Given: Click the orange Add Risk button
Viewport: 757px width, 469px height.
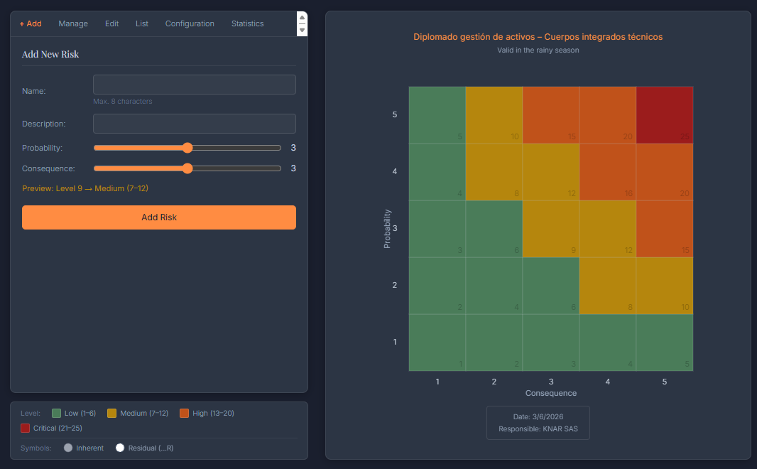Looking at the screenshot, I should click(x=158, y=217).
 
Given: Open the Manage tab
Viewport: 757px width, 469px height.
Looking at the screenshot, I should click(x=73, y=23).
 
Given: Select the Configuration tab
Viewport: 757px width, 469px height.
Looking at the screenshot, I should click(x=190, y=23).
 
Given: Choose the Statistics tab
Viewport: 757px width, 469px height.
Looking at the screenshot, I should click(x=247, y=23).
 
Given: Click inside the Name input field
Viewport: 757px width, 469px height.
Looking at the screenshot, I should click(x=194, y=85).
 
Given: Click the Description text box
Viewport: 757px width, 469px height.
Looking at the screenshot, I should click(x=194, y=124).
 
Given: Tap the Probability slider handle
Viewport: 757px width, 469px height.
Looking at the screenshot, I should click(x=187, y=148).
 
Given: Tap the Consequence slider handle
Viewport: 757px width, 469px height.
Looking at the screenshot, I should click(x=187, y=168).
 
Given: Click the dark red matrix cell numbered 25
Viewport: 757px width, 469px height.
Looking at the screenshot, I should click(x=664, y=115).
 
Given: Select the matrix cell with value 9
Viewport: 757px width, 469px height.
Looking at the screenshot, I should click(x=550, y=229).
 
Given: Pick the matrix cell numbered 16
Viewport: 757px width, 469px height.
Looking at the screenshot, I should click(x=607, y=172).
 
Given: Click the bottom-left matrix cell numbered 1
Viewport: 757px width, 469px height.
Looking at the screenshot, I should click(x=437, y=343).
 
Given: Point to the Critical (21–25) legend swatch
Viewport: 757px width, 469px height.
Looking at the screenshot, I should click(x=26, y=428).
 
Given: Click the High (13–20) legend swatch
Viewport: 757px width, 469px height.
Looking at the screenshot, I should click(x=185, y=413).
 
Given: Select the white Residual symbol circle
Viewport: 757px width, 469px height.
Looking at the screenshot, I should click(x=120, y=448).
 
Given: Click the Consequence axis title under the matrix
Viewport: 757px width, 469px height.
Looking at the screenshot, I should click(x=550, y=393).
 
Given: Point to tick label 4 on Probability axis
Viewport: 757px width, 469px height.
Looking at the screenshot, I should click(x=395, y=171).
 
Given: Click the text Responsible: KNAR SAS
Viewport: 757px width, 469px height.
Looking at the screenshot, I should click(x=538, y=429).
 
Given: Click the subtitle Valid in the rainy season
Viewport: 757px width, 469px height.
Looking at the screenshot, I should click(x=538, y=50).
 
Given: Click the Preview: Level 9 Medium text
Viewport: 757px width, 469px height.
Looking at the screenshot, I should click(x=85, y=188).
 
